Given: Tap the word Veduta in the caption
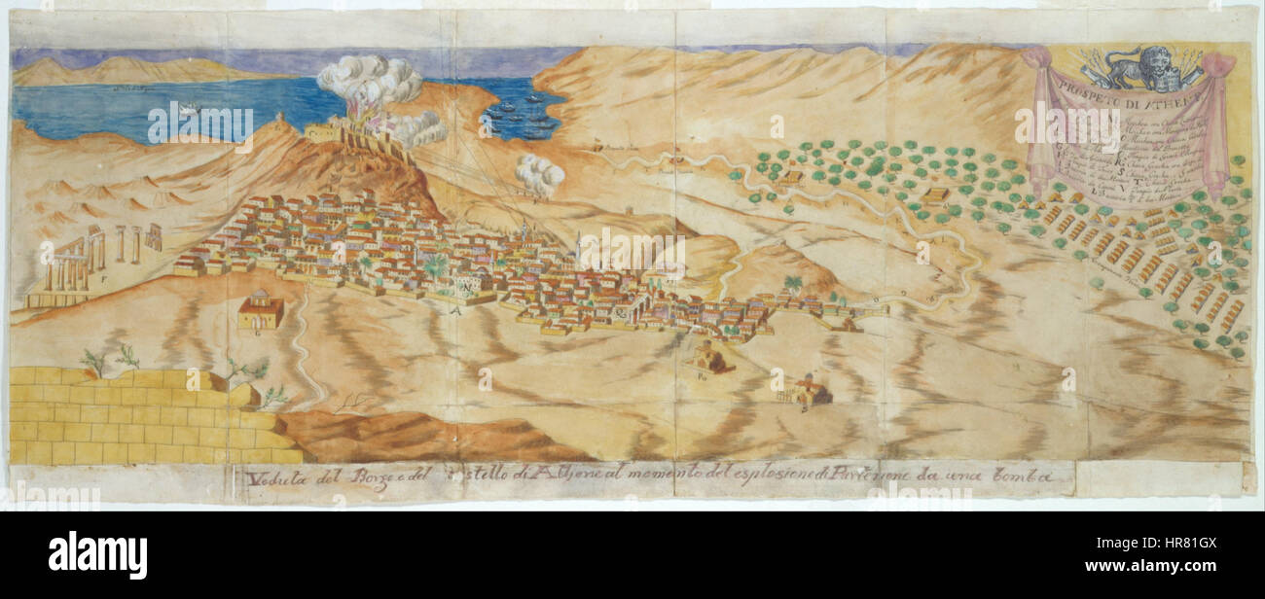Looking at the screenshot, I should [269, 476].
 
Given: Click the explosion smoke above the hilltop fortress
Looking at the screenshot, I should [370, 83].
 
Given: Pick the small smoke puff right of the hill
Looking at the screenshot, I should [538, 175].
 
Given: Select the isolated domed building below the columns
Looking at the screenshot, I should [260, 311].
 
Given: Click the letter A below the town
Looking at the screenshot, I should [454, 310].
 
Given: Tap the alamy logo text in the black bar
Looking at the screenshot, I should [97, 555].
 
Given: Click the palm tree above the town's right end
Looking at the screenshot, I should [793, 285].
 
